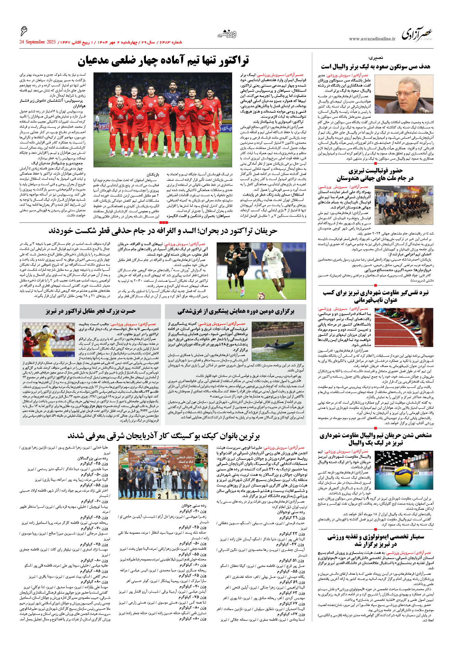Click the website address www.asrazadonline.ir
click(372, 39)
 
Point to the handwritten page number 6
click(24, 31)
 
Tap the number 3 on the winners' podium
click(176, 496)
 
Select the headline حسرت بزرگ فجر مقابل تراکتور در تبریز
click(90, 311)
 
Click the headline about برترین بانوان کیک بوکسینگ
click(164, 436)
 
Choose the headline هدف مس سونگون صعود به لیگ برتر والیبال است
click(375, 66)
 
